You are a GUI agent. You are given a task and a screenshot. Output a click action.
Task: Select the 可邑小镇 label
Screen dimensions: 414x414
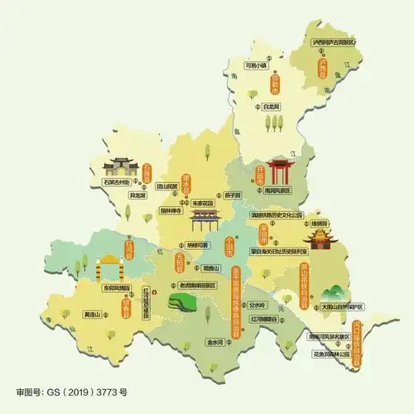(257, 64)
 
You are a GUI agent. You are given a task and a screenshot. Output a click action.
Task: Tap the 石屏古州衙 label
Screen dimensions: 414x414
(118, 180)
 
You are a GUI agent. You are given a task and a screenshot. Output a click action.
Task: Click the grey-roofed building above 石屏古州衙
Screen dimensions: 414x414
(120, 164)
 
